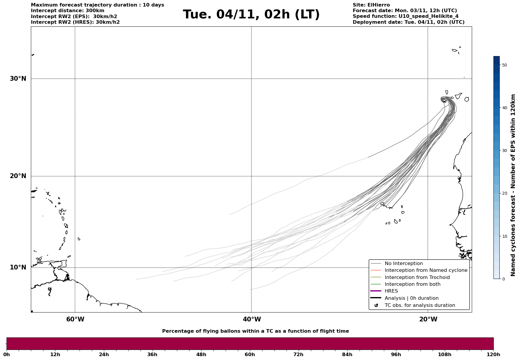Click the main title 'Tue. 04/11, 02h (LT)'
click(251, 15)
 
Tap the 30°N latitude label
click(18, 79)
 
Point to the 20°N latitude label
click(18, 176)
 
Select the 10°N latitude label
click(18, 267)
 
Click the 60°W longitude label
click(75, 319)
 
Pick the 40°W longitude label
click(252, 319)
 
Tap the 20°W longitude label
click(428, 319)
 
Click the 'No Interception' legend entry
click(404, 264)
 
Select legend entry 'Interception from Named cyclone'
click(426, 270)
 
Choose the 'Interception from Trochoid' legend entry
click(417, 277)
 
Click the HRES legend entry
click(391, 291)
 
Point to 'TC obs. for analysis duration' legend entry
click(420, 305)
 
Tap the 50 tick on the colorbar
click(504, 65)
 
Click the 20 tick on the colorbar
click(504, 194)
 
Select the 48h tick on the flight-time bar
click(201, 354)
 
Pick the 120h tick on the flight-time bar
click(493, 354)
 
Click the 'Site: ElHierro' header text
click(371, 5)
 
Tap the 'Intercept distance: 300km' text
click(67, 11)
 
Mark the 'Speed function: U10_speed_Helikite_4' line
click(405, 16)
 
